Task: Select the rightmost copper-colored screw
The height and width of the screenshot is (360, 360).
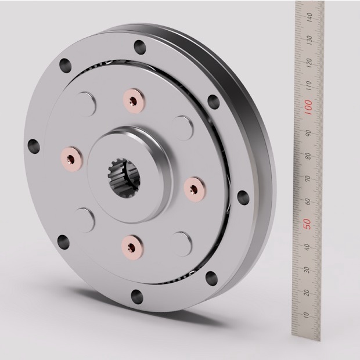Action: point(193,186)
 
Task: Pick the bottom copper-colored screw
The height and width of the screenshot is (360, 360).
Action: point(133,247)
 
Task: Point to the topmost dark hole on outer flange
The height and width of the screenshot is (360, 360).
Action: point(139,46)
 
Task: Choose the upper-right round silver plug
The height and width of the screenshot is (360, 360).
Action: point(183,127)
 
